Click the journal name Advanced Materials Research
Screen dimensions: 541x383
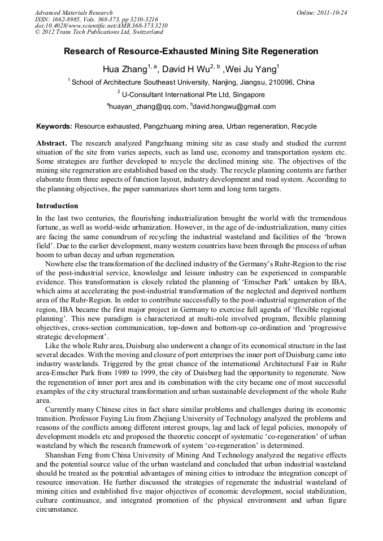click(x=73, y=12)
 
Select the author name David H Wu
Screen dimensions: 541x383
click(x=186, y=69)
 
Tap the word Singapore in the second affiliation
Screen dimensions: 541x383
click(x=247, y=95)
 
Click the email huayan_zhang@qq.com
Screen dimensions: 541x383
click(x=147, y=107)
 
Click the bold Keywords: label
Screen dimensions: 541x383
click(x=54, y=126)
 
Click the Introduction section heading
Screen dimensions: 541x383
click(x=57, y=206)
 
